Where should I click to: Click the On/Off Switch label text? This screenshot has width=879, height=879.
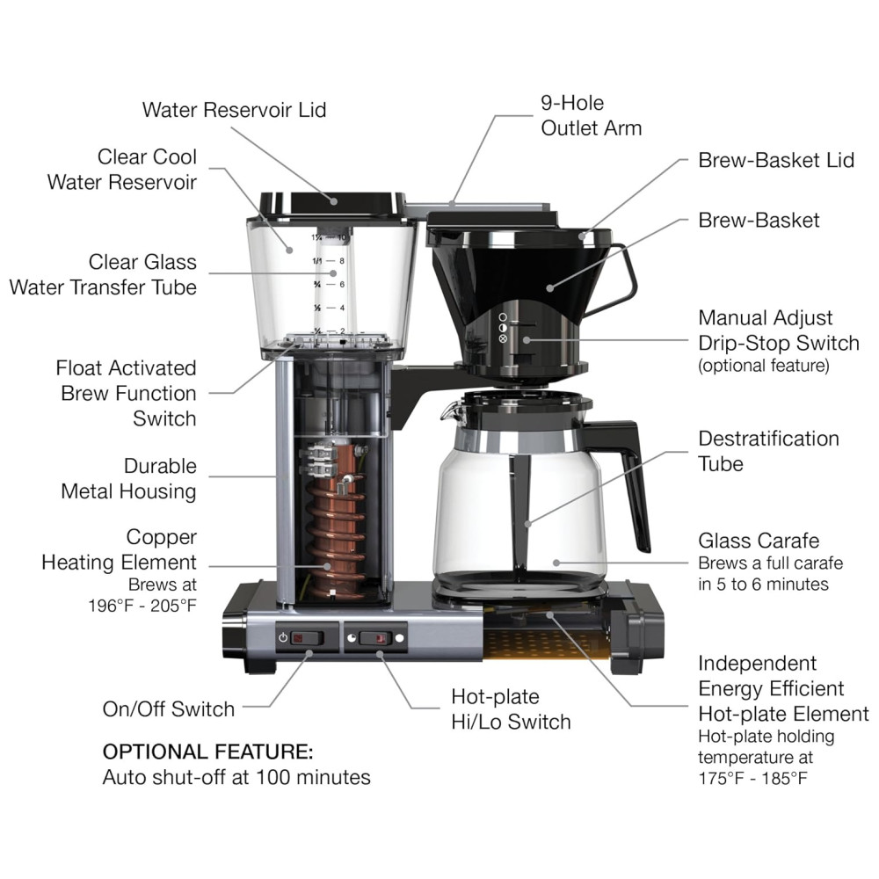[168, 709]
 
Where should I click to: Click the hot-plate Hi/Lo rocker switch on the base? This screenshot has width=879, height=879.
[375, 638]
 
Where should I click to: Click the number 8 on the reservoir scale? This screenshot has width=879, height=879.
[342, 261]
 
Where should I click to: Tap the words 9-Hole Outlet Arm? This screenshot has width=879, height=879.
[591, 115]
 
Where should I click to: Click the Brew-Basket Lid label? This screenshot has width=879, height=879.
[776, 160]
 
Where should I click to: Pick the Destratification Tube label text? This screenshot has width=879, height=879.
[768, 451]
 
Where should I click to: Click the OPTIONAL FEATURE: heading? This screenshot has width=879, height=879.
[208, 752]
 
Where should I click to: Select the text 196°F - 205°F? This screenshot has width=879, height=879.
[142, 606]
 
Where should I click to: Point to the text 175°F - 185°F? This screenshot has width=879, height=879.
[753, 778]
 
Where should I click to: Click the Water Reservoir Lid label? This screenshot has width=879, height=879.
[235, 110]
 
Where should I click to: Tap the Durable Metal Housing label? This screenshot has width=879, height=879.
[129, 479]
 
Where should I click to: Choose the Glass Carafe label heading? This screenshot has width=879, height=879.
[759, 541]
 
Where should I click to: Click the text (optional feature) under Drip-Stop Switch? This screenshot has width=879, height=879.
[764, 366]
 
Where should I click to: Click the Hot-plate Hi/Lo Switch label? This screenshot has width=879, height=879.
[511, 709]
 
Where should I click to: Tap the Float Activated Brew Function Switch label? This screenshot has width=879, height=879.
[126, 393]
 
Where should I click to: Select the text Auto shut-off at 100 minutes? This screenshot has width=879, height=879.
[236, 778]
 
